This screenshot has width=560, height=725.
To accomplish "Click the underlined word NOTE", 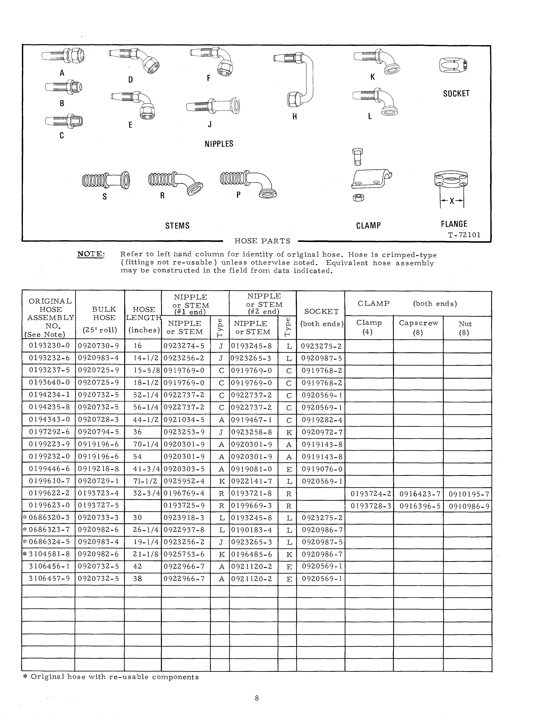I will click(91, 254).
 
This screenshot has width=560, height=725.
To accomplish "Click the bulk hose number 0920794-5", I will click(98, 432).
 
